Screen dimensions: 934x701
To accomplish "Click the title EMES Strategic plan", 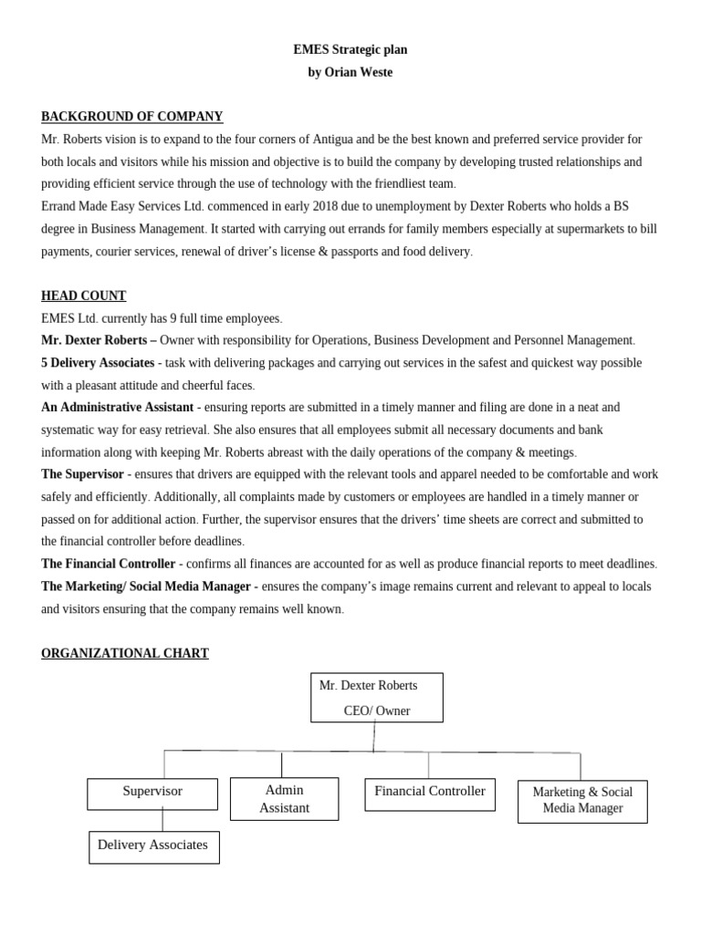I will [350, 50].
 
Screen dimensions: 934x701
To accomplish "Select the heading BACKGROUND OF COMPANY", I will [131, 117].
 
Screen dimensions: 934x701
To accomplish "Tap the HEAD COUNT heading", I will [83, 296].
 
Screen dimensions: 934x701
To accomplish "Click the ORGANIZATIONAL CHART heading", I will [124, 653].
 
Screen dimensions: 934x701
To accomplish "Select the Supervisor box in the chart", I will [152, 793].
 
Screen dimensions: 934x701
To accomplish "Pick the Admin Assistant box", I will [284, 799].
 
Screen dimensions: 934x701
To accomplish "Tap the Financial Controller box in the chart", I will [430, 794].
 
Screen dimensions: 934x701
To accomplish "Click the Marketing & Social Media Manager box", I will [582, 801].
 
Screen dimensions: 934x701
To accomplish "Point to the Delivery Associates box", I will [153, 846].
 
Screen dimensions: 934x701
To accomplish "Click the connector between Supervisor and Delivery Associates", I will [163, 820].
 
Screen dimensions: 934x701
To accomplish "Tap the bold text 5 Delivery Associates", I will [98, 363].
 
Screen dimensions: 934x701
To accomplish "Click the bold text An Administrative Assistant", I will [117, 408].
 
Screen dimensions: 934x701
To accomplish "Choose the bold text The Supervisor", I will [82, 474].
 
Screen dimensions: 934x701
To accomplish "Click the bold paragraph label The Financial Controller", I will [108, 564].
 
